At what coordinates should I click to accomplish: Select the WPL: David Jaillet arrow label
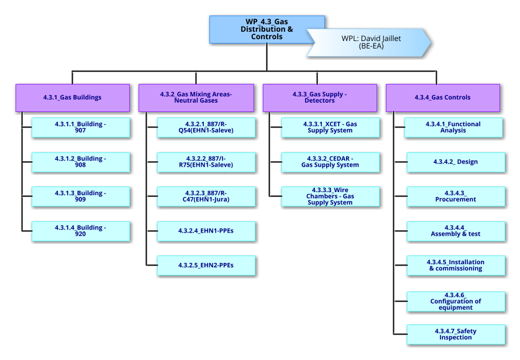coord(371,42)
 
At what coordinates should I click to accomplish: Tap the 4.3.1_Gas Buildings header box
coord(73,97)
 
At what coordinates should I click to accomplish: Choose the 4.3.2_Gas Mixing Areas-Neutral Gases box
coord(196,97)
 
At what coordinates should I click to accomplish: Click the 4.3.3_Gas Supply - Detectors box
coord(319,97)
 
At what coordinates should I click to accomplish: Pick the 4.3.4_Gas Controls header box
coord(442,97)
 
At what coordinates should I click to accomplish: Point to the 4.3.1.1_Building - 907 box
coord(81,127)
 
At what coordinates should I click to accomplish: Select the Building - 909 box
coord(81,196)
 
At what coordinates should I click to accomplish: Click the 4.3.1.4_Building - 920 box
coord(81,231)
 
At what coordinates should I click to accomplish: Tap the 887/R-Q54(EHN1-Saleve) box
coord(206,127)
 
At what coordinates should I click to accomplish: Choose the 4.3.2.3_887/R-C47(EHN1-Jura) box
coord(206,196)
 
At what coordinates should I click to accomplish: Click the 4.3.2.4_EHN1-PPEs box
coord(206,231)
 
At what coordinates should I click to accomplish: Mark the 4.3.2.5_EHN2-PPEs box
coord(206,265)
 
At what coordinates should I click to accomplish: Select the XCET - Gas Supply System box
coord(330,127)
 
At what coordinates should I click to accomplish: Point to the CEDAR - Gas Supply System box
coord(330,162)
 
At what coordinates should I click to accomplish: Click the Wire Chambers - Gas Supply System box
coord(330,196)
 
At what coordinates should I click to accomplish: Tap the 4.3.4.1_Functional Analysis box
coord(455,127)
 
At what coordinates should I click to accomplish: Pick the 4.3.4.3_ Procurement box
coord(455,196)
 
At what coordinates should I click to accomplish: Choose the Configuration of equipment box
coord(455,301)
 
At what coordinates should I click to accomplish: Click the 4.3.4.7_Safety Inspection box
coord(455,335)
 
